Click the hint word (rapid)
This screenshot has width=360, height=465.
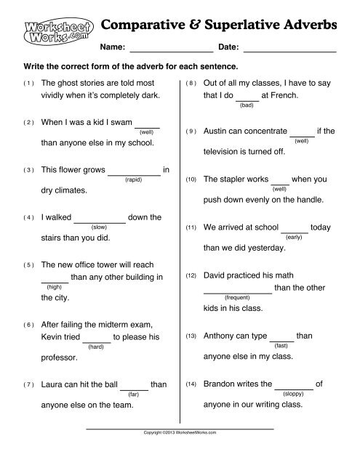(135, 178)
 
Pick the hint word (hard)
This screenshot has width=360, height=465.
(95, 347)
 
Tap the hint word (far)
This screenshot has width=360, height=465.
(133, 393)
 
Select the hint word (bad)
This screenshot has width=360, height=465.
(247, 105)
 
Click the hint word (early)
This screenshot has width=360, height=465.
(295, 237)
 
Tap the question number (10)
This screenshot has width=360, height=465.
(191, 179)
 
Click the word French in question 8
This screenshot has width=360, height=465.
(293, 95)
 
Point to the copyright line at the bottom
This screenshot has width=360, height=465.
(180, 433)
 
